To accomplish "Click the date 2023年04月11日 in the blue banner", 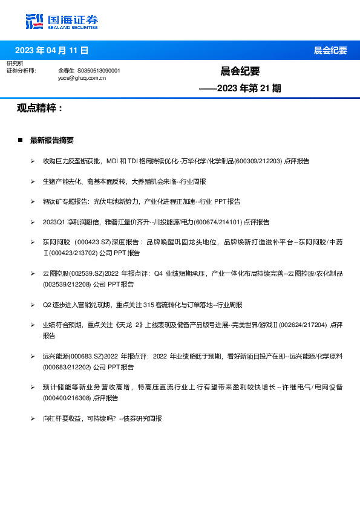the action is (x=51, y=50).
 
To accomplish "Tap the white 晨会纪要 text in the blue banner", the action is (x=330, y=51).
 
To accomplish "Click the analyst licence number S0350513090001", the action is (x=99, y=71).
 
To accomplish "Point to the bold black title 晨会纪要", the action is (x=240, y=71).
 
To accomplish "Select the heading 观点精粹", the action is (x=40, y=108).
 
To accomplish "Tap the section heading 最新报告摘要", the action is (x=51, y=140).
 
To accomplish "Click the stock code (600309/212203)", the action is (x=258, y=161).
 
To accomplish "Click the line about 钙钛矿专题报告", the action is (x=142, y=201).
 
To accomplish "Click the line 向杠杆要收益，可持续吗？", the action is (x=102, y=418).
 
